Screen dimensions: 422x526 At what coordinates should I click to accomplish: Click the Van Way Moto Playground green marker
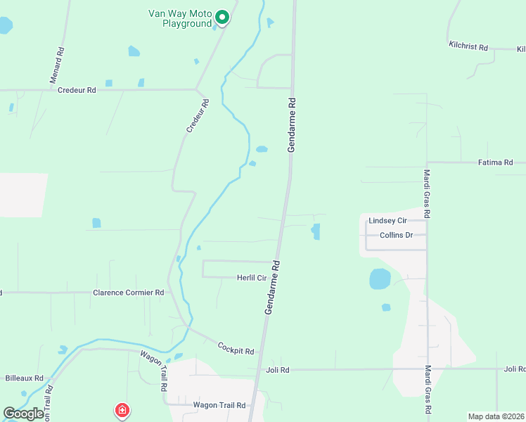(x=222, y=17)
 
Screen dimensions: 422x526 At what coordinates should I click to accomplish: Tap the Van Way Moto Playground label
(x=180, y=18)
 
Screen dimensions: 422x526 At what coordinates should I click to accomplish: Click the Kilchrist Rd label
(x=468, y=46)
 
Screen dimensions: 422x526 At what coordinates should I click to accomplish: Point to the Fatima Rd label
(x=495, y=162)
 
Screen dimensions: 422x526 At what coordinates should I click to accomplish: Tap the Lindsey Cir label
(x=387, y=220)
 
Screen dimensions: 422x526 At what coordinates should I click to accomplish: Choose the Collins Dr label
(x=396, y=235)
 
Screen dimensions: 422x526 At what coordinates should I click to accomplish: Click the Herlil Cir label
(x=252, y=278)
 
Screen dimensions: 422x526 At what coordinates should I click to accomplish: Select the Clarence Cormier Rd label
(x=129, y=292)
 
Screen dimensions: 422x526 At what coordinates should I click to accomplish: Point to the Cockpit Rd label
(x=236, y=348)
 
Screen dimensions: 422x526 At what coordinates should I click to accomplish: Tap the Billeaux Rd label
(x=25, y=378)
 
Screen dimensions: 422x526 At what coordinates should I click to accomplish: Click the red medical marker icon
(x=122, y=409)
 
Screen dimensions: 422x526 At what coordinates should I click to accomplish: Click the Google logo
(x=23, y=413)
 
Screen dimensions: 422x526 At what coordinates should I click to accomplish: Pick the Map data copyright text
(x=496, y=416)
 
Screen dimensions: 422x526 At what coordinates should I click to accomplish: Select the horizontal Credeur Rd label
(x=76, y=90)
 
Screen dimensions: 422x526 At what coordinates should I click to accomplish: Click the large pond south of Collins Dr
(x=380, y=279)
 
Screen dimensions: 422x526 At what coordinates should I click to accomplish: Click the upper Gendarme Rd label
(x=293, y=125)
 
